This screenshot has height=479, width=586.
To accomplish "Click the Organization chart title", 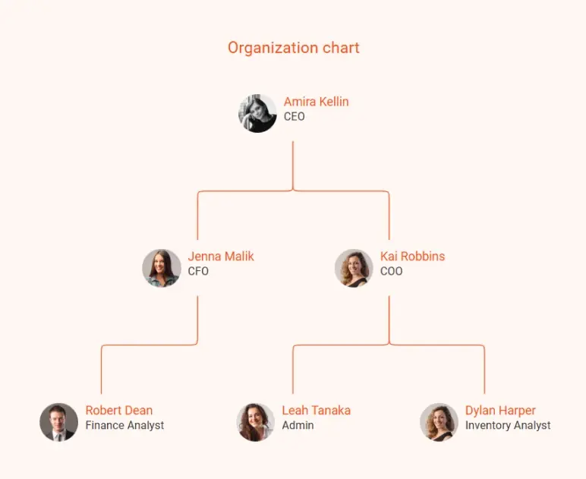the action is pyautogui.click(x=293, y=48).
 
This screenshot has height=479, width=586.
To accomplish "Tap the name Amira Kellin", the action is pyautogui.click(x=317, y=102).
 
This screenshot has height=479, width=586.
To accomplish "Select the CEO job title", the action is pyautogui.click(x=294, y=117).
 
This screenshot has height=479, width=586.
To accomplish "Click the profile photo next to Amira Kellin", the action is pyautogui.click(x=257, y=113).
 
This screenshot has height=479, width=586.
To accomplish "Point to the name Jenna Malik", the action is pyautogui.click(x=221, y=257).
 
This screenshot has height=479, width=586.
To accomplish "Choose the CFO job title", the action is pyautogui.click(x=198, y=271).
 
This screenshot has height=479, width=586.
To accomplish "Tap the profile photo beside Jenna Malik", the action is pyautogui.click(x=162, y=268).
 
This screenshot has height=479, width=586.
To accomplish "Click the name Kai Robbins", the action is pyautogui.click(x=413, y=257).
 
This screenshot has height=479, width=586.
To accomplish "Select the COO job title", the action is pyautogui.click(x=391, y=271).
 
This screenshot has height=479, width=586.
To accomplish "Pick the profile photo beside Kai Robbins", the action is pyautogui.click(x=354, y=268).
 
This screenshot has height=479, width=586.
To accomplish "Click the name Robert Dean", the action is pyautogui.click(x=119, y=410).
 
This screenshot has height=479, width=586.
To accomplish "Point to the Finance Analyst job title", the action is pyautogui.click(x=124, y=425).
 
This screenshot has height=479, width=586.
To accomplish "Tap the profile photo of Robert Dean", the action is pyautogui.click(x=59, y=422).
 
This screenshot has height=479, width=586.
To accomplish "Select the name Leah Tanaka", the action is pyautogui.click(x=317, y=410).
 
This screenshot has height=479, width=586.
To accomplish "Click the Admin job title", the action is pyautogui.click(x=298, y=425).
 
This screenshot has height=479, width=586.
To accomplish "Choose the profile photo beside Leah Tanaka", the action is pyautogui.click(x=256, y=422).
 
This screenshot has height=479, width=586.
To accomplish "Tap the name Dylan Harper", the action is pyautogui.click(x=500, y=410).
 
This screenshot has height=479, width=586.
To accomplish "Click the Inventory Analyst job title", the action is pyautogui.click(x=508, y=425).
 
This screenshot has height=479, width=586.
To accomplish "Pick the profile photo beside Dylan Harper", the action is pyautogui.click(x=439, y=422).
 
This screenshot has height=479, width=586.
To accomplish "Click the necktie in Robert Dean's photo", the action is pyautogui.click(x=58, y=437).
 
